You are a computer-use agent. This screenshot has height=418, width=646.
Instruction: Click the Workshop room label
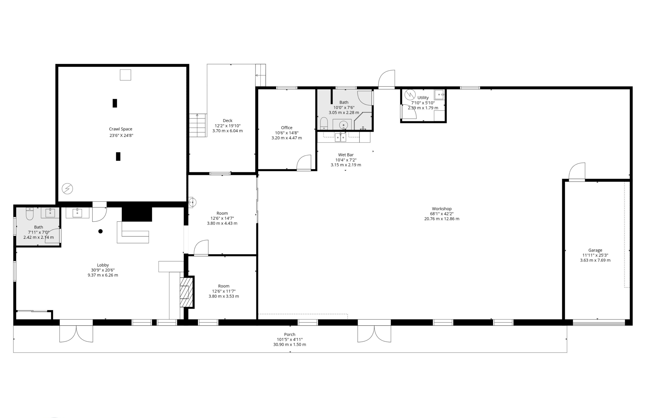click(442, 209)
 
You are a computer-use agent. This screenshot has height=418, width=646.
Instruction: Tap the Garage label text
click(595, 250)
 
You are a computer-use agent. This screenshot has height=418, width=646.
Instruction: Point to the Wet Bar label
click(346, 155)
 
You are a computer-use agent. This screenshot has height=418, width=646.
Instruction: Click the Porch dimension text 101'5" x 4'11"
click(290, 339)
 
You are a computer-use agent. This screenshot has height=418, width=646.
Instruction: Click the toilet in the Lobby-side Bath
click(30, 214)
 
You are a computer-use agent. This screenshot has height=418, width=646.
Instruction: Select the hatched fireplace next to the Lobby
click(186, 292)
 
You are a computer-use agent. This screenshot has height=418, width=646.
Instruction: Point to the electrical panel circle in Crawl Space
click(67, 188)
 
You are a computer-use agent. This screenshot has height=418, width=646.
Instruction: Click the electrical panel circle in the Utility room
click(410, 95)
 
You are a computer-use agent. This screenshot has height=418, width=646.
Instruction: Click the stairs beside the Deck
click(198, 125)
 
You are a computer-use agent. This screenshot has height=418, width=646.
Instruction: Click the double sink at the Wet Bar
click(340, 137)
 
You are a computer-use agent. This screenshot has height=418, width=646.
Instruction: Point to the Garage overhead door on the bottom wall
click(599, 322)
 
